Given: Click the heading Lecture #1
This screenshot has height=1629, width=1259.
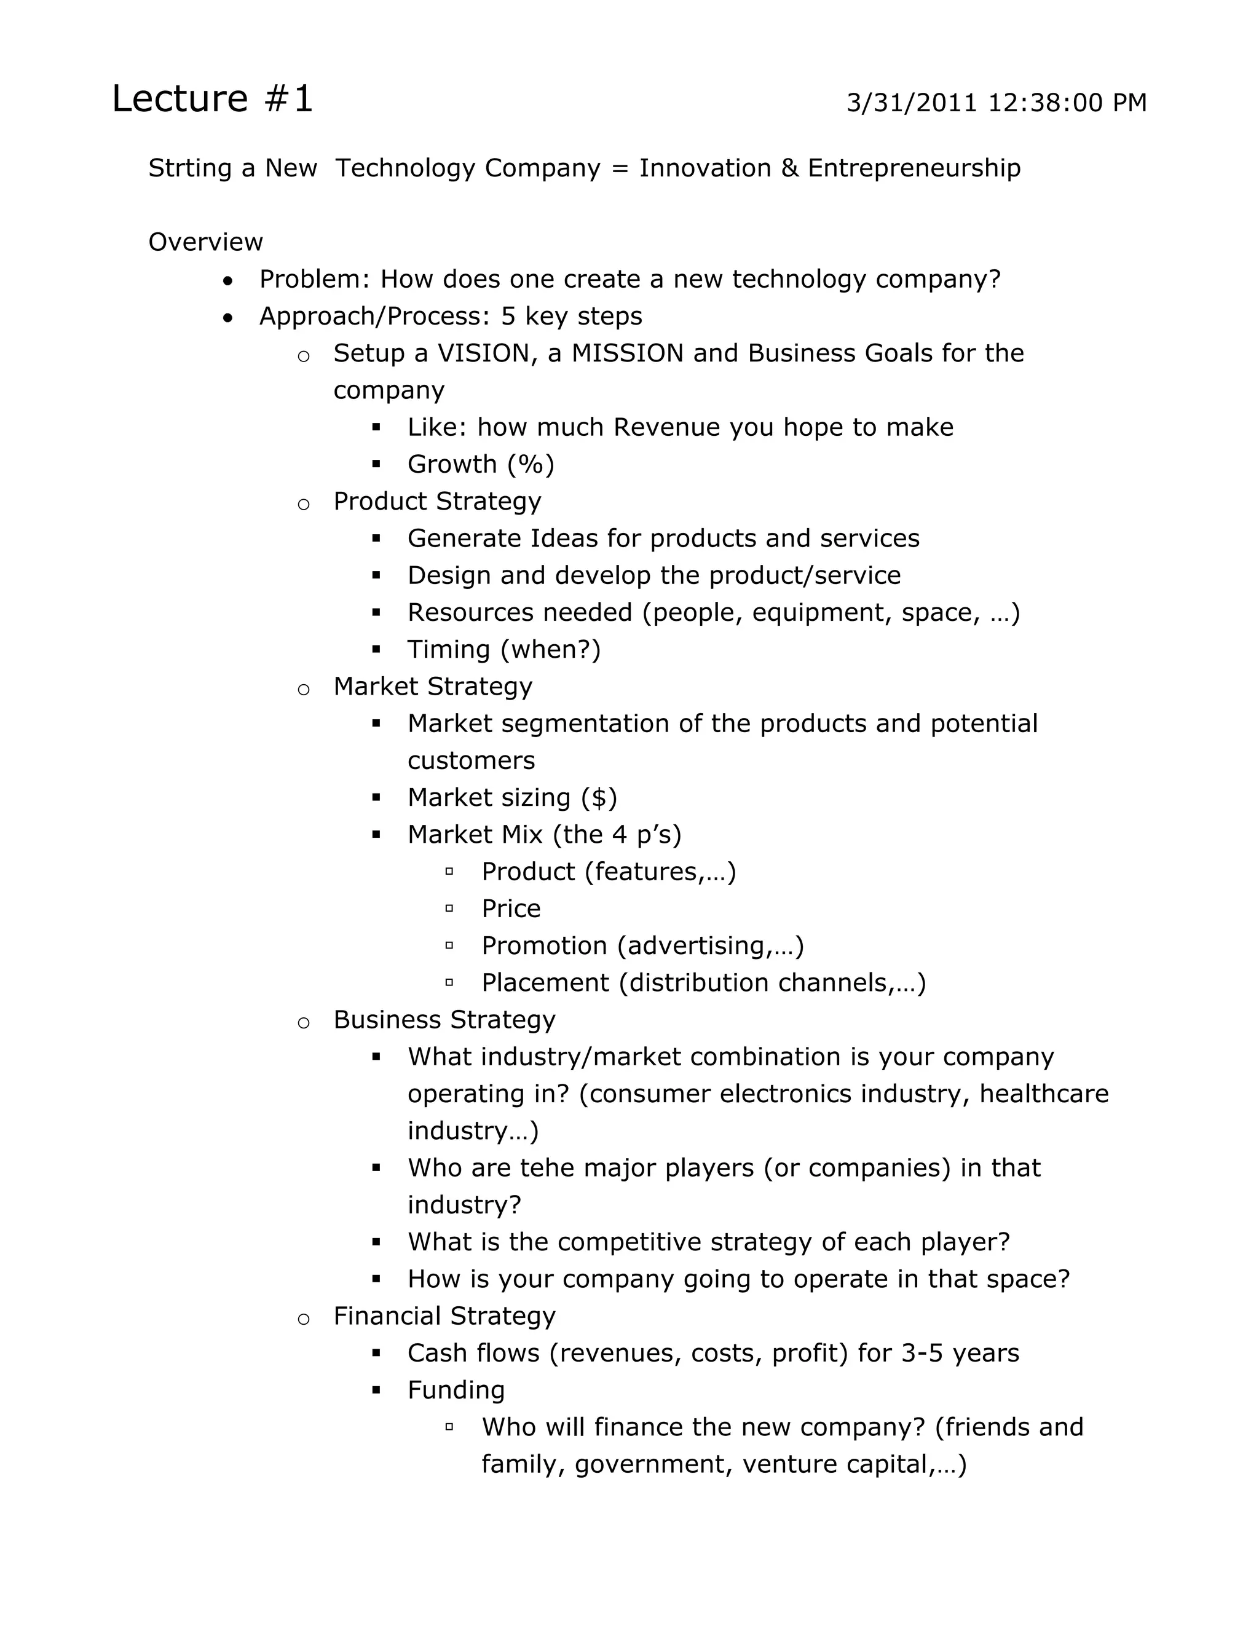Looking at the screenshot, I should [x=212, y=98].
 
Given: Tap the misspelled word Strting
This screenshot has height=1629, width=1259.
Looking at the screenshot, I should [x=189, y=168].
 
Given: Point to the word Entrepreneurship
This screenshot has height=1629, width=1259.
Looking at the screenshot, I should [x=914, y=168].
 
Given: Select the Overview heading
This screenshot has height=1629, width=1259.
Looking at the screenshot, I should [x=205, y=242].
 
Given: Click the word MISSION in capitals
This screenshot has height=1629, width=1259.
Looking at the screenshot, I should [x=626, y=353].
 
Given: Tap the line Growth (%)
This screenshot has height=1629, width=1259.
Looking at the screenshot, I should [x=480, y=465].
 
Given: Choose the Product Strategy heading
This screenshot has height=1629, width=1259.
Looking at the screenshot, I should [x=436, y=501].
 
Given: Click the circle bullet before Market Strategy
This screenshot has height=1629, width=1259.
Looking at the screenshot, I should [x=304, y=689].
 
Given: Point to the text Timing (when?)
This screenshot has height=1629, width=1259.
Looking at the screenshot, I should [x=503, y=650].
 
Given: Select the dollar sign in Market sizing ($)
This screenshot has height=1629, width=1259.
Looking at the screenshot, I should [x=599, y=798].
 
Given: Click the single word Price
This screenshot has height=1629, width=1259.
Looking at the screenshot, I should [x=511, y=909].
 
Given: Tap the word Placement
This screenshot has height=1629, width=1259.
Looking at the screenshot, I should [x=545, y=983].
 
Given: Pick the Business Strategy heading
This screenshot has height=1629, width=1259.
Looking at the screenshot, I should [x=444, y=1020].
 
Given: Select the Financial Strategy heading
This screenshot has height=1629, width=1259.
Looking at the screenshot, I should [x=444, y=1317].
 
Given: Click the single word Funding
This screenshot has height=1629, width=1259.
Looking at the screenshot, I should [x=456, y=1390].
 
